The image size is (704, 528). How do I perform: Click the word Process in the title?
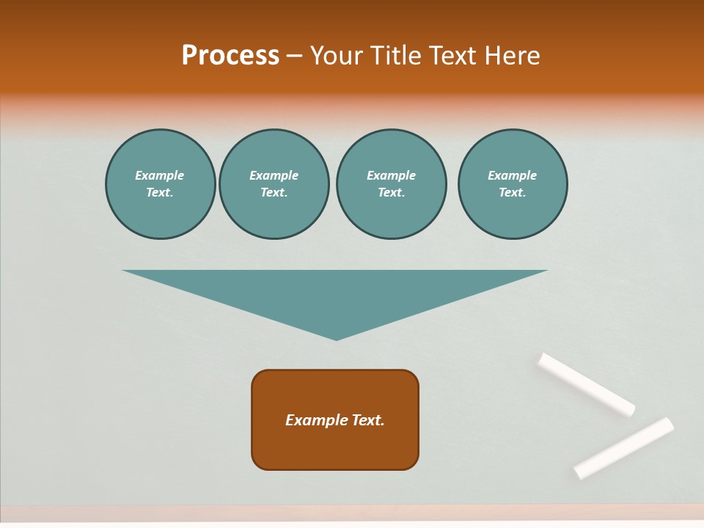230,55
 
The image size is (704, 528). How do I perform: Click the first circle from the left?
160,184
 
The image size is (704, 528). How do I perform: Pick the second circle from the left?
274,184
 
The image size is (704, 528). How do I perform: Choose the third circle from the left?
391,184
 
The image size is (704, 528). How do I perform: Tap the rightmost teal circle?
512,184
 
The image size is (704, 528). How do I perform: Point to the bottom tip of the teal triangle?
336,339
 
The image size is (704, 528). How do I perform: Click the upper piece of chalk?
586,384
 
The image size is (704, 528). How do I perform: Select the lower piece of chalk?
623,448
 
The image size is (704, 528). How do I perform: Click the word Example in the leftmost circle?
160,175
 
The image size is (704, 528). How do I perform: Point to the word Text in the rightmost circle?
512,193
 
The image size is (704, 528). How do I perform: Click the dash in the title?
295,56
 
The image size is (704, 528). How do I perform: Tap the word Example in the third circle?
391,175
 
